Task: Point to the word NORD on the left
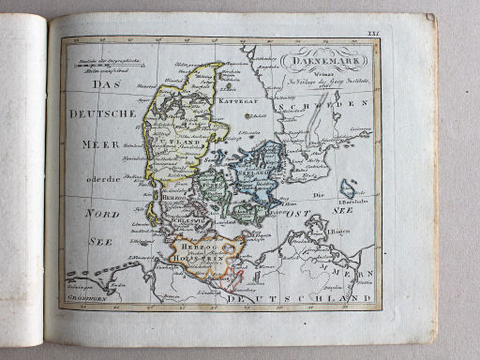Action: (102, 214)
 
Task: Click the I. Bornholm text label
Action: (353, 201)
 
